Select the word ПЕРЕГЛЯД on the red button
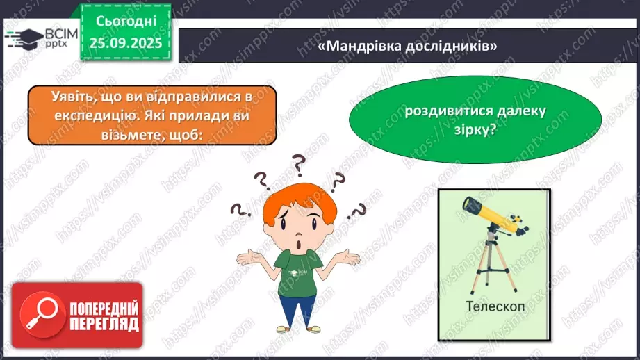[x=104, y=323]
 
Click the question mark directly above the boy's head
[x=299, y=165]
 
